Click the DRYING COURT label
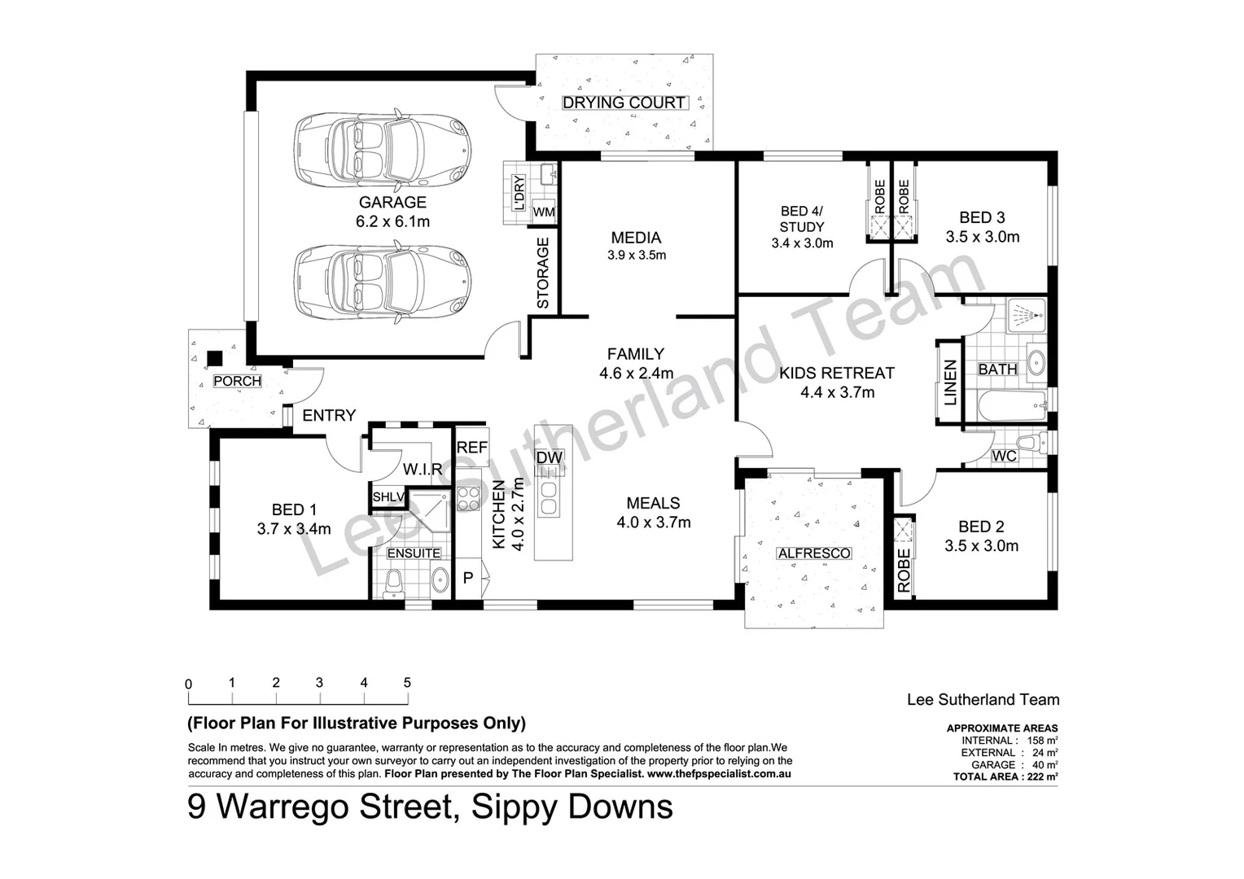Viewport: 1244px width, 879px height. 624,103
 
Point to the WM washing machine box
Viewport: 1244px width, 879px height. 544,212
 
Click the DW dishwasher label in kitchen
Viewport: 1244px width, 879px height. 550,458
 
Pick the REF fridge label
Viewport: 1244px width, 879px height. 471,448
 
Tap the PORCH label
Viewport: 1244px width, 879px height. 237,381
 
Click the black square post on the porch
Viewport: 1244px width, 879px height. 215,357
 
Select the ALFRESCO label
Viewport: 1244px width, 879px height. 813,553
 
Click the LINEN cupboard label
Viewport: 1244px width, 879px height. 950,383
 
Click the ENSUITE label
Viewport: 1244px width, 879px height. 413,553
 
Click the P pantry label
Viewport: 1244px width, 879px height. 468,579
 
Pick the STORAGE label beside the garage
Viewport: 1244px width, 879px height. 543,273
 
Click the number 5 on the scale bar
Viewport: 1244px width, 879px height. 407,683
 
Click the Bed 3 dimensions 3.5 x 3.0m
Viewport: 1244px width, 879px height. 982,237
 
